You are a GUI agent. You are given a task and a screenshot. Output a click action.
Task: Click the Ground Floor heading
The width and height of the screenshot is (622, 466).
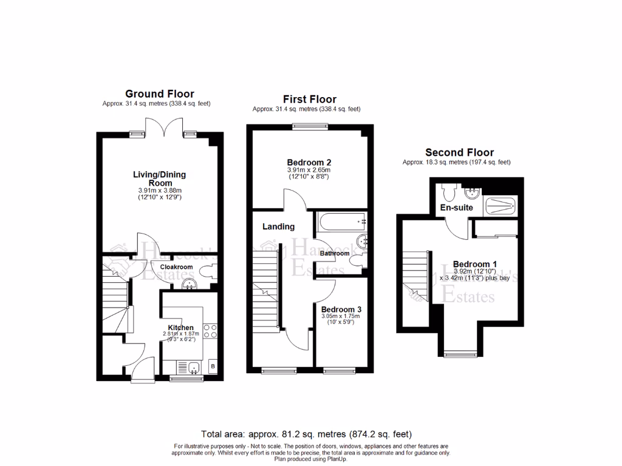click(159, 94)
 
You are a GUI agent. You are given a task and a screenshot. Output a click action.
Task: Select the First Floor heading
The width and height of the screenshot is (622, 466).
click(309, 100)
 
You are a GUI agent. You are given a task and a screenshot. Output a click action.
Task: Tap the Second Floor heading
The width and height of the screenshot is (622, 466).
click(459, 153)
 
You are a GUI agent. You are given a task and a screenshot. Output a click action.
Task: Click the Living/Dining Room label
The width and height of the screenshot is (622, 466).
click(159, 178)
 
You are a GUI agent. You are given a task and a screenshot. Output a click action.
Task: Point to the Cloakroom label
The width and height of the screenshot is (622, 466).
click(176, 267)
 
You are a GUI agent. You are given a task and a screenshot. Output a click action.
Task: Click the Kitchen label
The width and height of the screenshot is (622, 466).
click(180, 328)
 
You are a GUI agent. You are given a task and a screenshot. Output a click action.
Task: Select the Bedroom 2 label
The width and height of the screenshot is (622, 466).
click(309, 163)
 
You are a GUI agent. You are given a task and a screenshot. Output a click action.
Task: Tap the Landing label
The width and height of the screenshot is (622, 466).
click(278, 227)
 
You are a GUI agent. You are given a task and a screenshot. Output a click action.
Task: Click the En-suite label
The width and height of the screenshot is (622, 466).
click(457, 208)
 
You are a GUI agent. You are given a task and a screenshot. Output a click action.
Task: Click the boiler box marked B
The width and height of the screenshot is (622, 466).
click(213, 366)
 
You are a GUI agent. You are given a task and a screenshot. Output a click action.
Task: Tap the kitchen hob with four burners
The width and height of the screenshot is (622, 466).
click(210, 331)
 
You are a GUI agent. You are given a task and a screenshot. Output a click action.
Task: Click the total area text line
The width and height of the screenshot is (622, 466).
click(306, 434)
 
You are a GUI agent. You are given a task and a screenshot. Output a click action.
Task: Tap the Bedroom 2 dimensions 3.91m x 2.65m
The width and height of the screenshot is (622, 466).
click(309, 171)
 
